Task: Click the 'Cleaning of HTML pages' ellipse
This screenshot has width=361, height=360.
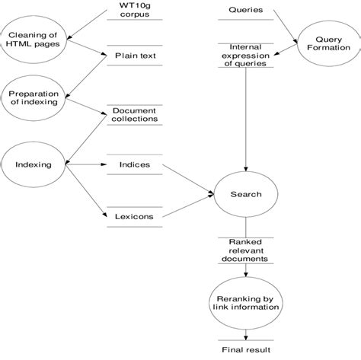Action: (x=30, y=38)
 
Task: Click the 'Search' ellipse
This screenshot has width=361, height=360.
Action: (x=245, y=194)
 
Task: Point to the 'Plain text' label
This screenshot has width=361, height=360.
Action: (x=135, y=56)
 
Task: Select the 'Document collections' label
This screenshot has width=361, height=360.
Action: (x=135, y=114)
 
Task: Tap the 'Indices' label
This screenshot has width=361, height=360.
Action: (x=135, y=164)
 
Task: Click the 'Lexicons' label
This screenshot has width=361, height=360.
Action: (x=135, y=217)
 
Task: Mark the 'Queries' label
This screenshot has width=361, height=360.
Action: (x=245, y=11)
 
